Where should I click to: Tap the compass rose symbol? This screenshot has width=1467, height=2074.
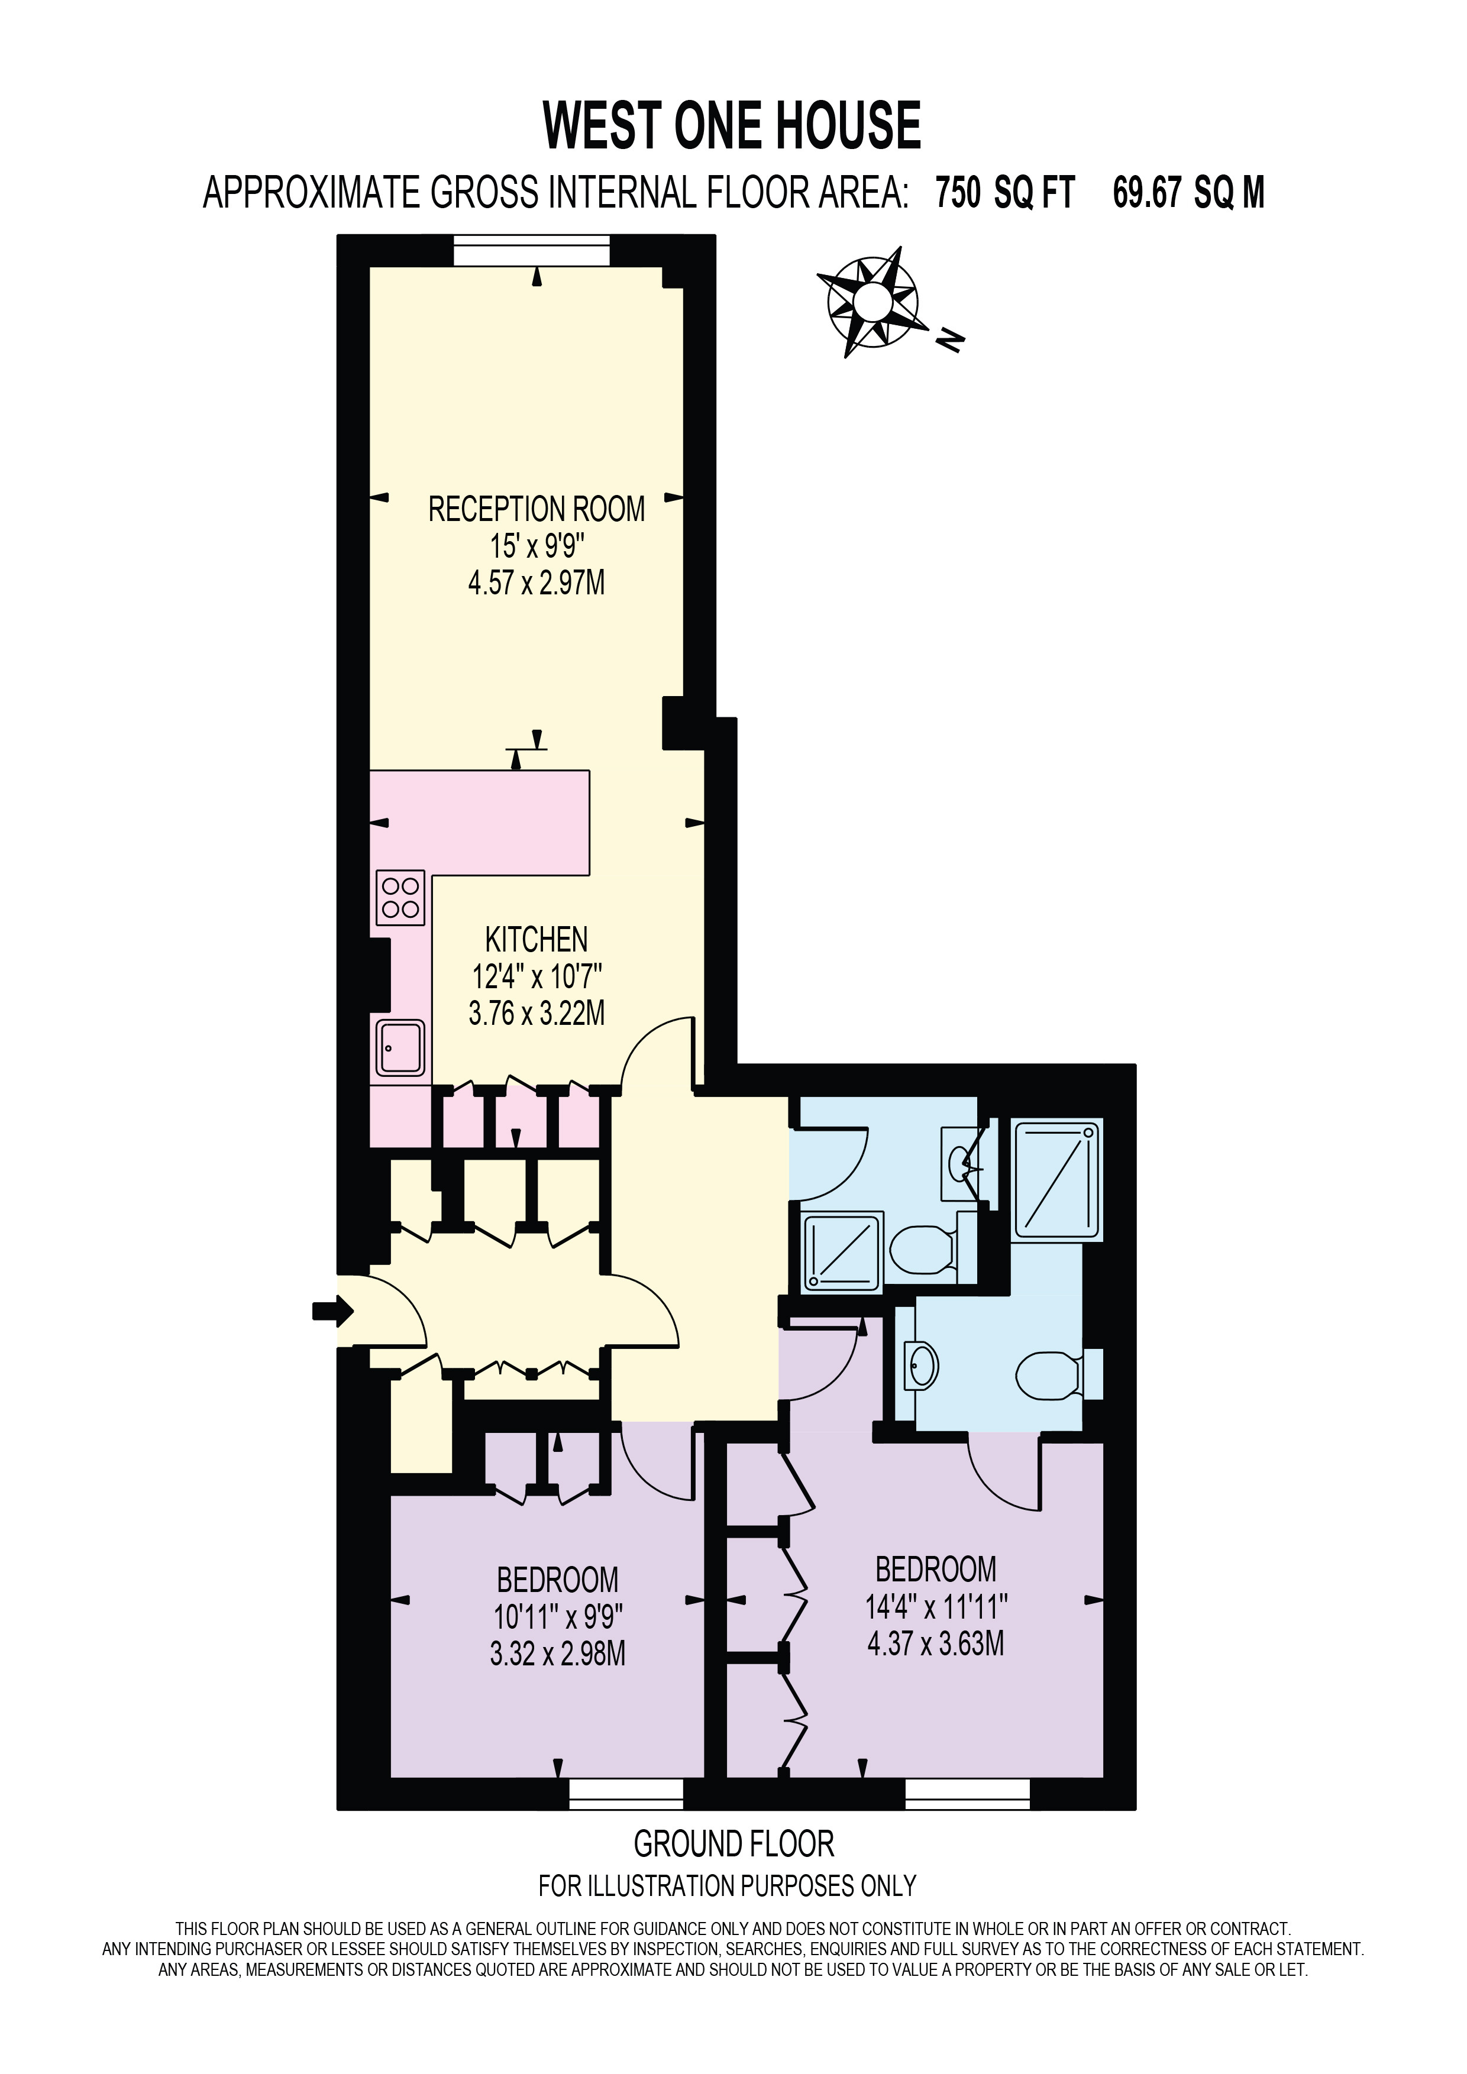click(873, 301)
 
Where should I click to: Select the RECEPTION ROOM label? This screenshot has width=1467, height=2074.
click(537, 509)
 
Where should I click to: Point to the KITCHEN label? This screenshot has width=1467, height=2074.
click(537, 940)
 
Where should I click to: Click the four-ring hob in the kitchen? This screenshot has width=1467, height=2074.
click(400, 897)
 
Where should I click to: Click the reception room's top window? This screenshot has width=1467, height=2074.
click(532, 251)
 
